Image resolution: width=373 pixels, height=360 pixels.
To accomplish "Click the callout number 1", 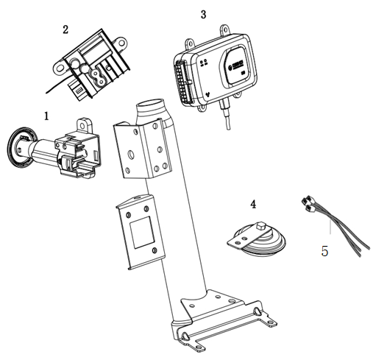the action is tap(46, 116).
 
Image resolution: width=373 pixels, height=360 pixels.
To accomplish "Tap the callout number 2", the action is tap(65, 29).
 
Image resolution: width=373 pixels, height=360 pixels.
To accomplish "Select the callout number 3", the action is tap(203, 14).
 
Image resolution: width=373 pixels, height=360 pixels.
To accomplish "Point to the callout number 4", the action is tap(253, 204).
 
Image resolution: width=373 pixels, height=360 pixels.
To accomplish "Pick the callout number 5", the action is tap(324, 251).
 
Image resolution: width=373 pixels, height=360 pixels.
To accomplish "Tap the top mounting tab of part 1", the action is tap(84, 125).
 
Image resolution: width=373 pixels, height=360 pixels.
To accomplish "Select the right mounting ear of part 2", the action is tap(120, 43).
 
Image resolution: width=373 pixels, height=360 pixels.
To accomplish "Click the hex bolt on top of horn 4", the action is tap(260, 226).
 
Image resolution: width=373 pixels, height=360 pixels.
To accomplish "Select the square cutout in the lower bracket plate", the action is tap(142, 233).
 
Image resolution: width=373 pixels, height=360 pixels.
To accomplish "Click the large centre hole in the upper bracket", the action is tap(131, 155).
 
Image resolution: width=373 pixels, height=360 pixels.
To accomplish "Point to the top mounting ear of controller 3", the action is tap(224, 30).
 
